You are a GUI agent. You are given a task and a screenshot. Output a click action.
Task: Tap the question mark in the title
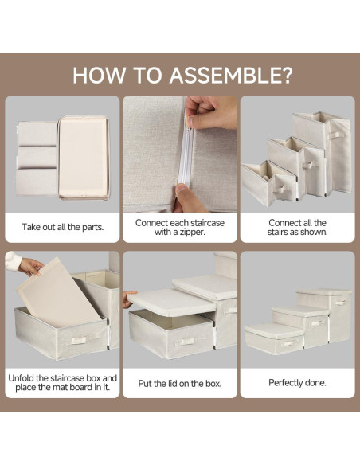pyautogui.click(x=286, y=76)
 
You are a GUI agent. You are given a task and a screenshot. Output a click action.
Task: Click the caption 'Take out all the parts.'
pyautogui.click(x=63, y=227)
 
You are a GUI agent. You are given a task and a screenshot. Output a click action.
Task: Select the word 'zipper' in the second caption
pyautogui.click(x=189, y=232)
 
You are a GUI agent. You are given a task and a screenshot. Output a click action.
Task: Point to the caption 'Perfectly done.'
pyautogui.click(x=297, y=382)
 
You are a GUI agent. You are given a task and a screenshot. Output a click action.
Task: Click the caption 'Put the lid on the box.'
pyautogui.click(x=180, y=384)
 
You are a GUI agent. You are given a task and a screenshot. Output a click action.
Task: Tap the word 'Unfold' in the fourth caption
pyautogui.click(x=21, y=378)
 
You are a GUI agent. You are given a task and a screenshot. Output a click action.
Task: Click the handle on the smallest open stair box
pyautogui.click(x=281, y=189)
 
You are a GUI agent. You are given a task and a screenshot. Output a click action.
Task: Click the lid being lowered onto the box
pyautogui.click(x=172, y=303)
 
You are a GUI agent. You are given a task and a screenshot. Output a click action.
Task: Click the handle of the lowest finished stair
pyautogui.click(x=288, y=344)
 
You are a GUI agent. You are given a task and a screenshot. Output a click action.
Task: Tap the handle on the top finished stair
pyautogui.click(x=340, y=303)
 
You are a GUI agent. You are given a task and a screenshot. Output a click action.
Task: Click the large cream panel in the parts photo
pyautogui.click(x=84, y=158)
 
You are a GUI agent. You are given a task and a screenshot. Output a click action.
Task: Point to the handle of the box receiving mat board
pyautogui.click(x=80, y=340)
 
